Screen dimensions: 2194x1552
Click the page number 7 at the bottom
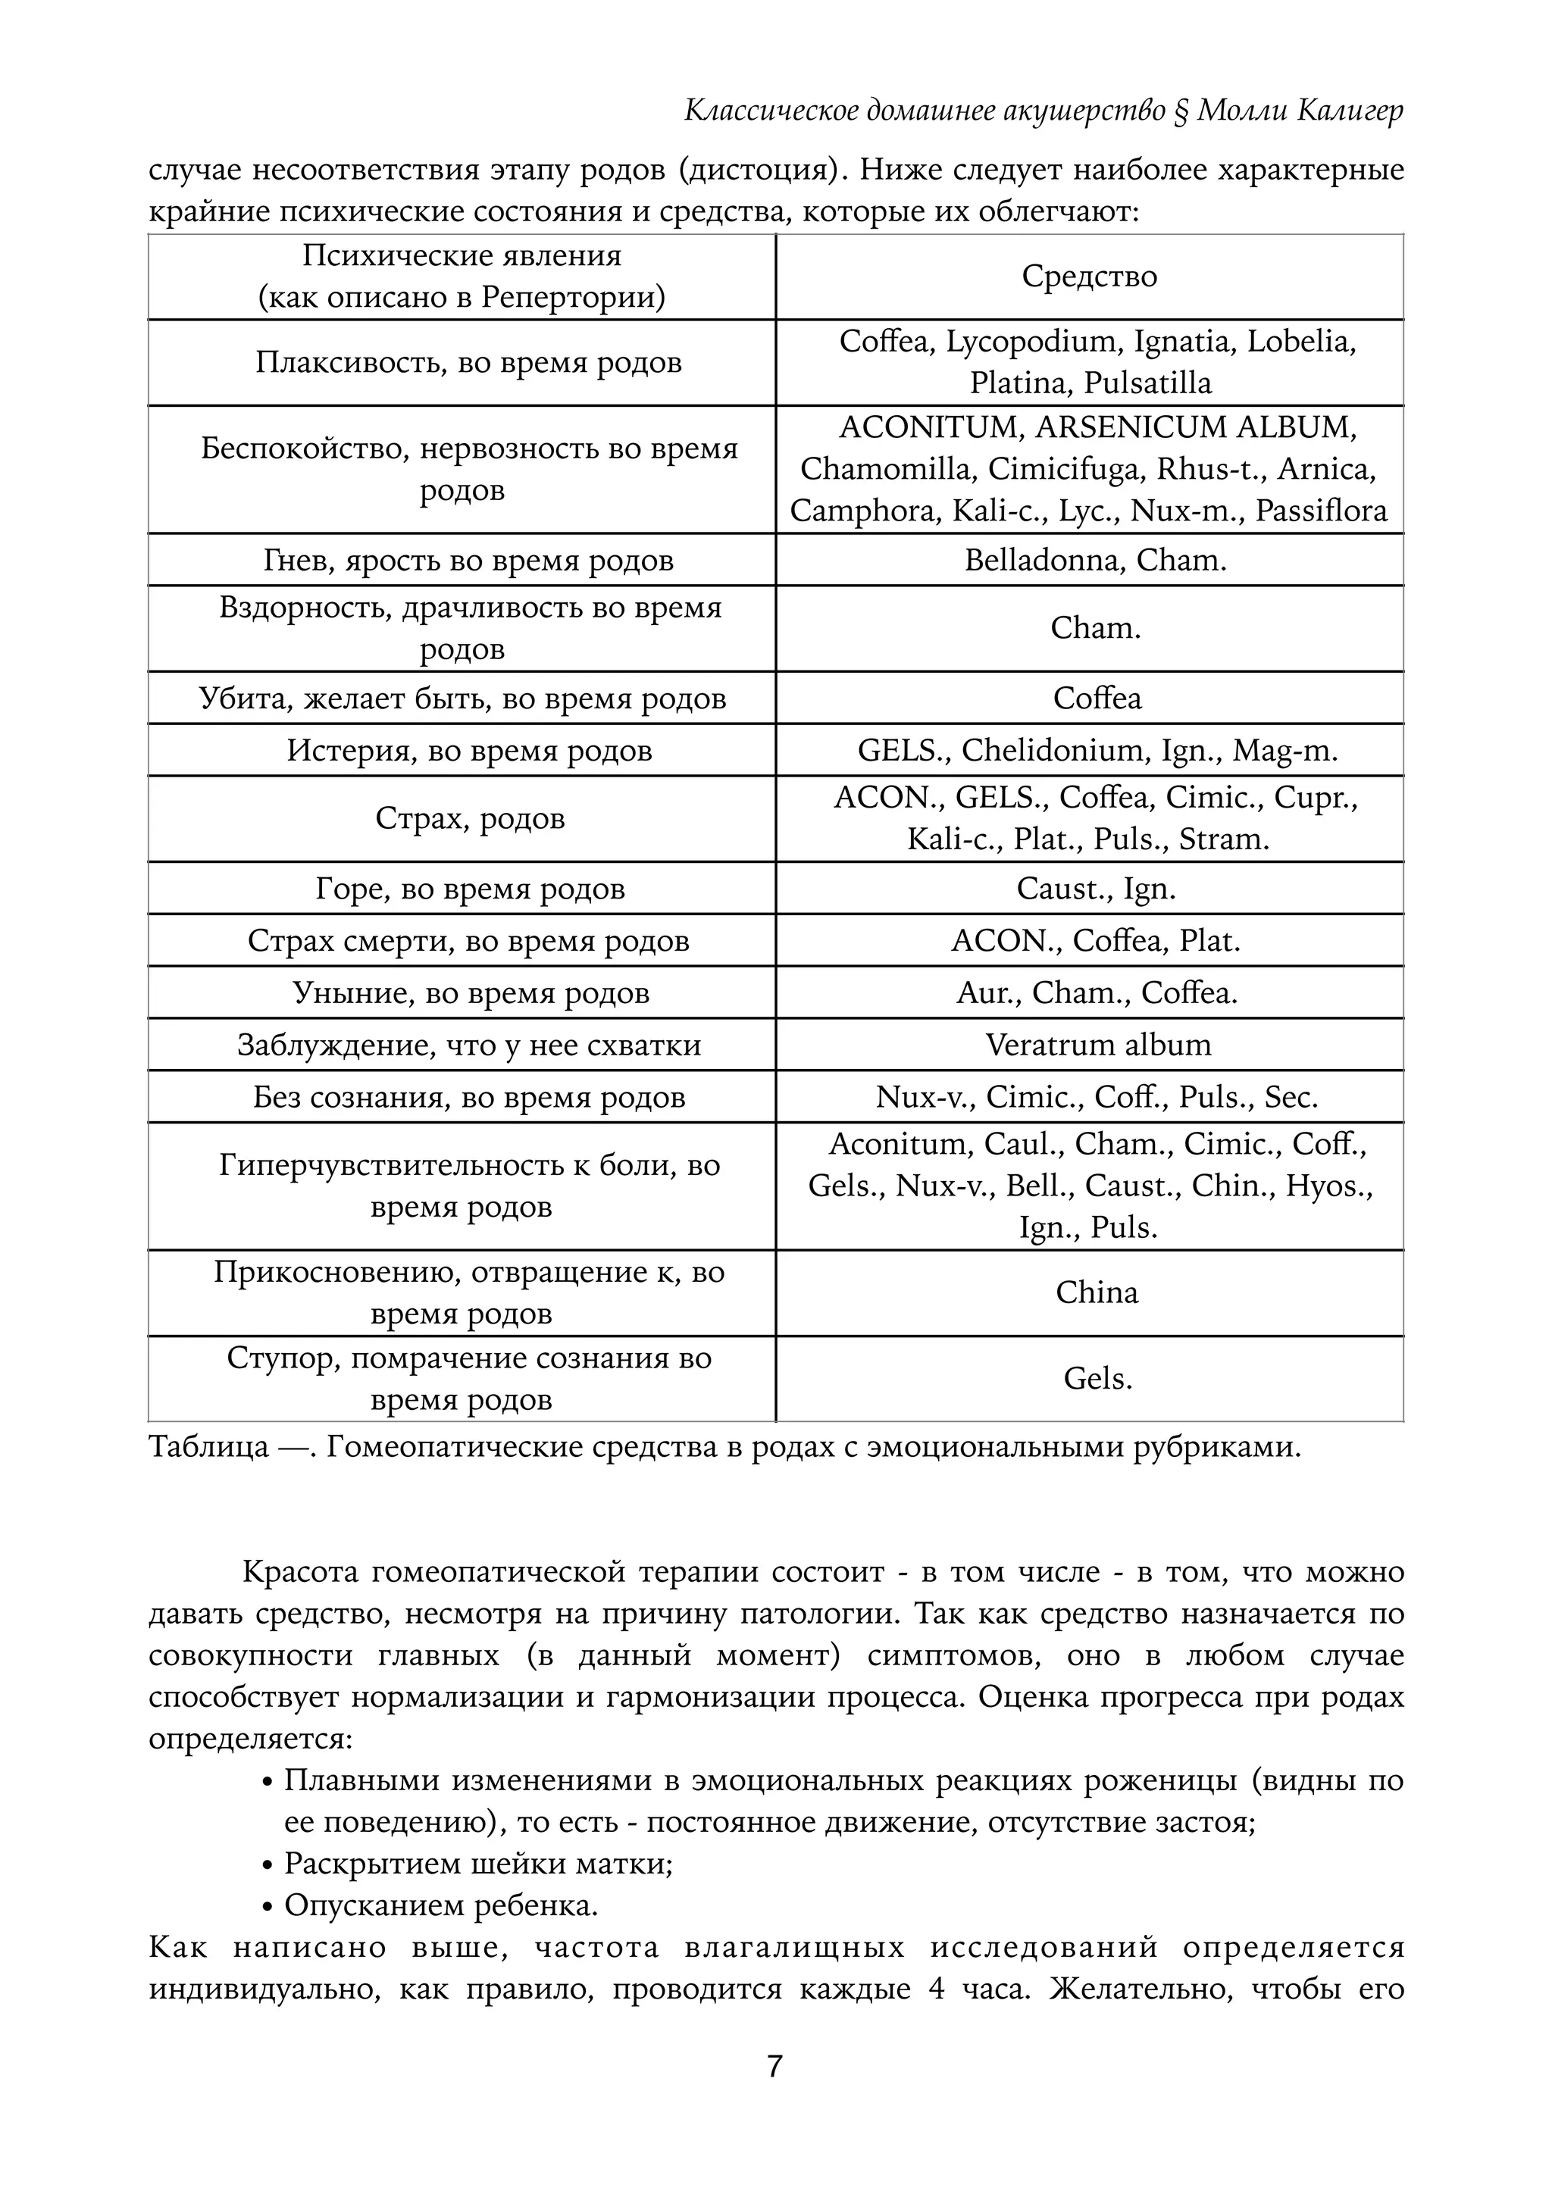775,2066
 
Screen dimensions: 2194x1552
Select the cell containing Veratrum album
1098,1045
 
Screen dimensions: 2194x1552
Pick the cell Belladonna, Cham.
1095,560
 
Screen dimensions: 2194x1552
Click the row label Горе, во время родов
470,889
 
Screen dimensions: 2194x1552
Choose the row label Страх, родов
470,819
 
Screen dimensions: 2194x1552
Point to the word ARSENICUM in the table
1130,427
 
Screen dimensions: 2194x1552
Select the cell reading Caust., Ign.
1096,889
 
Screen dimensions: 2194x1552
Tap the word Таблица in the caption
208,1447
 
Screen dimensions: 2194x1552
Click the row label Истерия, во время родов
469,751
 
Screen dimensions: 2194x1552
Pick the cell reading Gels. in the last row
1097,1379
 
